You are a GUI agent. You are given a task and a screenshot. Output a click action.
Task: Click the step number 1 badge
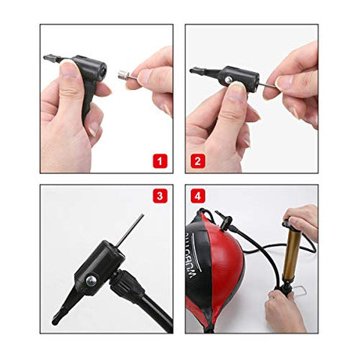point(159,160)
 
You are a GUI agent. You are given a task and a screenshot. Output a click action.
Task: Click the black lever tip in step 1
point(49,56)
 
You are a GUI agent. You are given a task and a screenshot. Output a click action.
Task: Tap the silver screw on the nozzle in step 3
point(91,280)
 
